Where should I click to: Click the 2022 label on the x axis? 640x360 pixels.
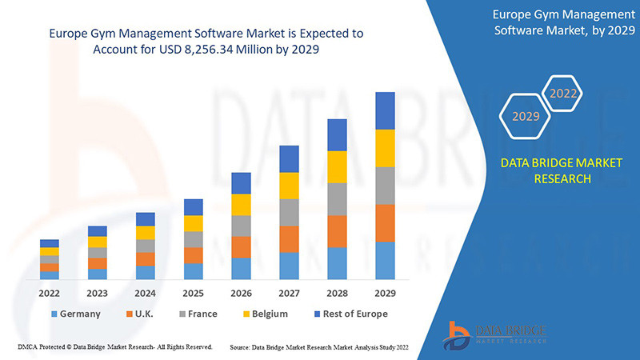coord(50,293)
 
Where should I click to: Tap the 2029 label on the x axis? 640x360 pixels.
coord(386,293)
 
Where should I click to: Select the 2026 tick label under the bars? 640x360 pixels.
coord(242,293)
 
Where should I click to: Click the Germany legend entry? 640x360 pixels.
coord(75,314)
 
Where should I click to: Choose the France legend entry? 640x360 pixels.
coord(196,314)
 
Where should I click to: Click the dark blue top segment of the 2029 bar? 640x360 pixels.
coord(386,110)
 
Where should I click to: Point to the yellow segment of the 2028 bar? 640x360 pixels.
coord(338,166)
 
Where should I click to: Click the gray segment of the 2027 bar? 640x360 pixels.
coord(290,212)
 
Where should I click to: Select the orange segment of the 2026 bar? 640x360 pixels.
coord(242,246)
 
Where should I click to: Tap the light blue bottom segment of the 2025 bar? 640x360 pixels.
coord(194,271)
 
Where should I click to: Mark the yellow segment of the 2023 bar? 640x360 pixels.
coord(98,242)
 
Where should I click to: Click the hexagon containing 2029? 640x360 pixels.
coord(526,117)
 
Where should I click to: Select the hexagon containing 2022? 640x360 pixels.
coord(563,94)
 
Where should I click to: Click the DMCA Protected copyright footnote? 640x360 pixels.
coord(114,347)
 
